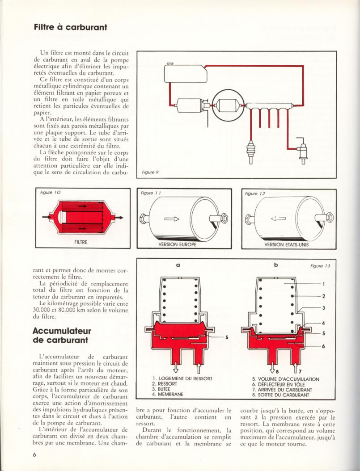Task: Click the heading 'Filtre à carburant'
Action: click(x=70, y=27)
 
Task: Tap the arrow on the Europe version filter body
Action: click(x=171, y=219)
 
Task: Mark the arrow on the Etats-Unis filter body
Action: click(x=279, y=219)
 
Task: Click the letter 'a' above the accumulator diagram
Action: click(x=178, y=265)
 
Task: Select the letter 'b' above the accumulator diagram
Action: click(x=276, y=265)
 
